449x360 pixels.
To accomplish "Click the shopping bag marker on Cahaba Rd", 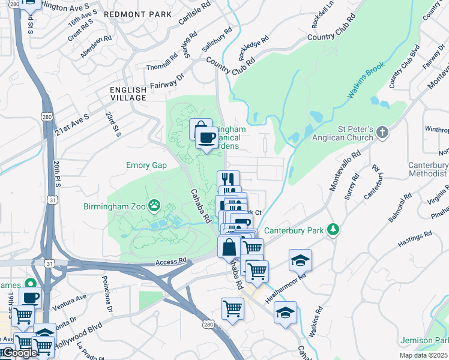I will [229, 247].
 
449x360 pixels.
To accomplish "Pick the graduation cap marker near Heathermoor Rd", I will [300, 260].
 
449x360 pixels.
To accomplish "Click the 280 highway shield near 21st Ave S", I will [46, 115].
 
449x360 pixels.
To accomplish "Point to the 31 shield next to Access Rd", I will [49, 263].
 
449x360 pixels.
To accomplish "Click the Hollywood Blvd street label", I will [78, 337].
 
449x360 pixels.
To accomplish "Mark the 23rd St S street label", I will [113, 123].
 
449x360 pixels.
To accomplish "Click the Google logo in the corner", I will [19, 353].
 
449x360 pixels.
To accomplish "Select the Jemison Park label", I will [428, 340].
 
